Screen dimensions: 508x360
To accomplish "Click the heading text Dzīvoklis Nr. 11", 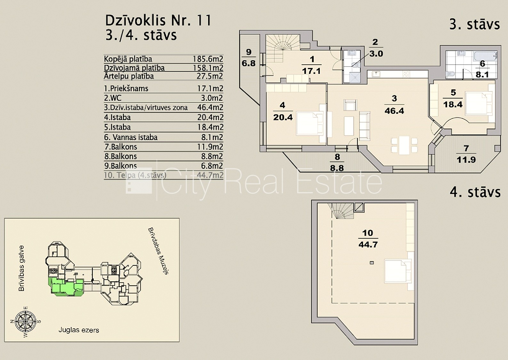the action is point(158,20).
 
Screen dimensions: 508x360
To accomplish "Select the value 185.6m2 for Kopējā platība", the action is point(208,59).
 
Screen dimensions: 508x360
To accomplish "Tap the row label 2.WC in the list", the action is point(112,98).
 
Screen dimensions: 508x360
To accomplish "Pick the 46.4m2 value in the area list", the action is point(210,107).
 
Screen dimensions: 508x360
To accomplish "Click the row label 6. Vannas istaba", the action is point(131,137).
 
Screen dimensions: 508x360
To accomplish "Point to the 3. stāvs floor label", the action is point(474,25).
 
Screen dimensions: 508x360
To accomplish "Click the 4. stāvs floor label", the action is point(475,192).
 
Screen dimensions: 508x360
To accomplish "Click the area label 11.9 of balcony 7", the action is point(466,160).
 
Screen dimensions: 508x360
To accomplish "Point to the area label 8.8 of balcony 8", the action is point(337,168).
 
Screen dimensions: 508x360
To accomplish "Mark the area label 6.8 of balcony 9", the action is point(248,63).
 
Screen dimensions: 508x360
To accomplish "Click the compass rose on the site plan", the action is point(26,321).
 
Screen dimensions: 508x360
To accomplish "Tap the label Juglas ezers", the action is point(79,330).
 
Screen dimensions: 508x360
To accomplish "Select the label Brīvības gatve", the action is point(21,268).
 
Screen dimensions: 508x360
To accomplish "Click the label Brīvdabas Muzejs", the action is point(158,251).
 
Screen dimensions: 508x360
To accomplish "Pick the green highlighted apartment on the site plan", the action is point(66,286).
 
